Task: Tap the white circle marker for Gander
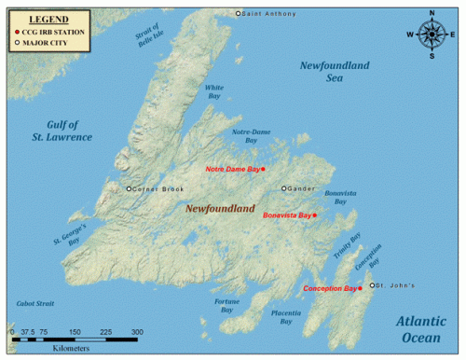(284, 188)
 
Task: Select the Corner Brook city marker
(129, 189)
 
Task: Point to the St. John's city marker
(372, 285)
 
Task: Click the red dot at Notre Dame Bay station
(264, 169)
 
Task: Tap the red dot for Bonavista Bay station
(315, 215)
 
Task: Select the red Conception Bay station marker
(360, 289)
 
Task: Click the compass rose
(432, 35)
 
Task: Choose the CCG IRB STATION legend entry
(52, 31)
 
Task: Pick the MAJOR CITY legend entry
(45, 42)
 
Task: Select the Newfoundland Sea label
(335, 72)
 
